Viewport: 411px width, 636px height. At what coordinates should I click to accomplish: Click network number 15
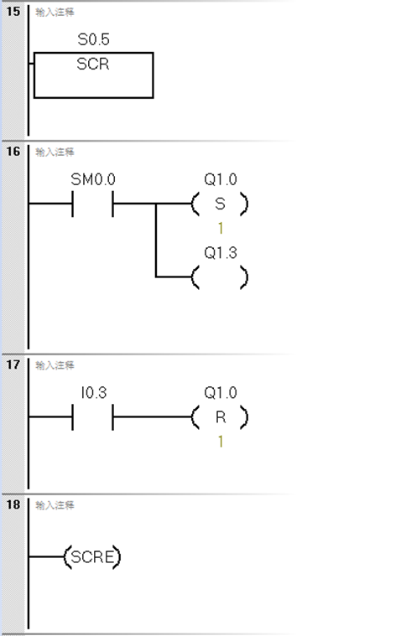[x=13, y=13]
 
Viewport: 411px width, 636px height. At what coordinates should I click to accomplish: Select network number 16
[x=13, y=152]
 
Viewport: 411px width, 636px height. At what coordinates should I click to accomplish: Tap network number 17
[x=13, y=365]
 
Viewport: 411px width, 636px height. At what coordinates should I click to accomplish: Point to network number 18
[x=13, y=505]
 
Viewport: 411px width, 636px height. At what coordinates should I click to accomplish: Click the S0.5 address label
[x=92, y=40]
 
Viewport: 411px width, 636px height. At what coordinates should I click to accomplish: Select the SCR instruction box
[x=93, y=75]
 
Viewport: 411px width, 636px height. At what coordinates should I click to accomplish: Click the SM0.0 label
[x=92, y=180]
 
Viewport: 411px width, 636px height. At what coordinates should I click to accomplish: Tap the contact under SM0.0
[x=92, y=204]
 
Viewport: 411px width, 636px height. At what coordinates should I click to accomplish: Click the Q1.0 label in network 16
[x=220, y=180]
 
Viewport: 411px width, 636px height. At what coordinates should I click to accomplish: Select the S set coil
[x=220, y=204]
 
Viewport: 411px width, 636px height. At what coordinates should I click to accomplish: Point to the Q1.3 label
[x=220, y=251]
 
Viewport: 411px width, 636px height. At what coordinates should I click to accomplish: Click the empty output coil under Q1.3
[x=220, y=276]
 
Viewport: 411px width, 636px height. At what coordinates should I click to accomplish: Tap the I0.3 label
[x=92, y=392]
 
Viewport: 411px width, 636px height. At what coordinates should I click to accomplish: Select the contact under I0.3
[x=92, y=416]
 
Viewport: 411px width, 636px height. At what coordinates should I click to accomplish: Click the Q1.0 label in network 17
[x=220, y=392]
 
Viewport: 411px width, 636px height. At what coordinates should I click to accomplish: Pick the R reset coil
[x=220, y=416]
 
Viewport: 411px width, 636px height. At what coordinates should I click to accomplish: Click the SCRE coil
[x=92, y=556]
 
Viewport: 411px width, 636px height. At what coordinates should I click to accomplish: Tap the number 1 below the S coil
[x=221, y=227]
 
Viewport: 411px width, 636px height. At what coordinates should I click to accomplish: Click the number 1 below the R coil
[x=221, y=440]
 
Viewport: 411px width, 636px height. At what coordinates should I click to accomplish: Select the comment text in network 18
[x=55, y=505]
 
